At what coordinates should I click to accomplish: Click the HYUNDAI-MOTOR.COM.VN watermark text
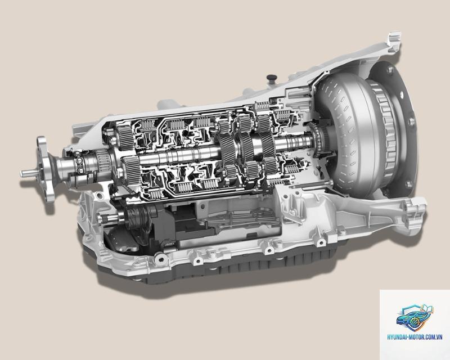415,337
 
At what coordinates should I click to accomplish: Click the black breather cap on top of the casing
271,78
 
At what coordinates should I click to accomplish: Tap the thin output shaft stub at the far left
29,173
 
